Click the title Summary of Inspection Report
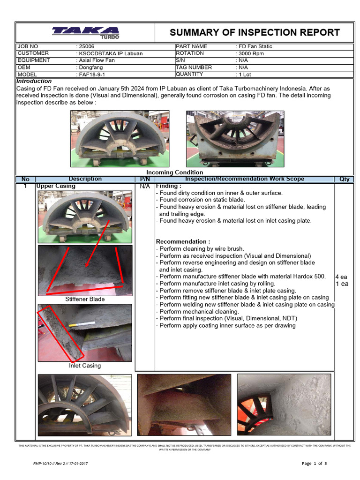point(255,32)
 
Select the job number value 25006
point(85,47)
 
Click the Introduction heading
point(34,81)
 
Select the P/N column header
point(144,179)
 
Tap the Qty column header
point(344,179)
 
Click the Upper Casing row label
point(55,186)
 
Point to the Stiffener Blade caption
point(85,299)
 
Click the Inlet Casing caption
point(85,366)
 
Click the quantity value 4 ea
point(341,277)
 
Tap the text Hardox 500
point(308,277)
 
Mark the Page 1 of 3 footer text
point(315,464)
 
